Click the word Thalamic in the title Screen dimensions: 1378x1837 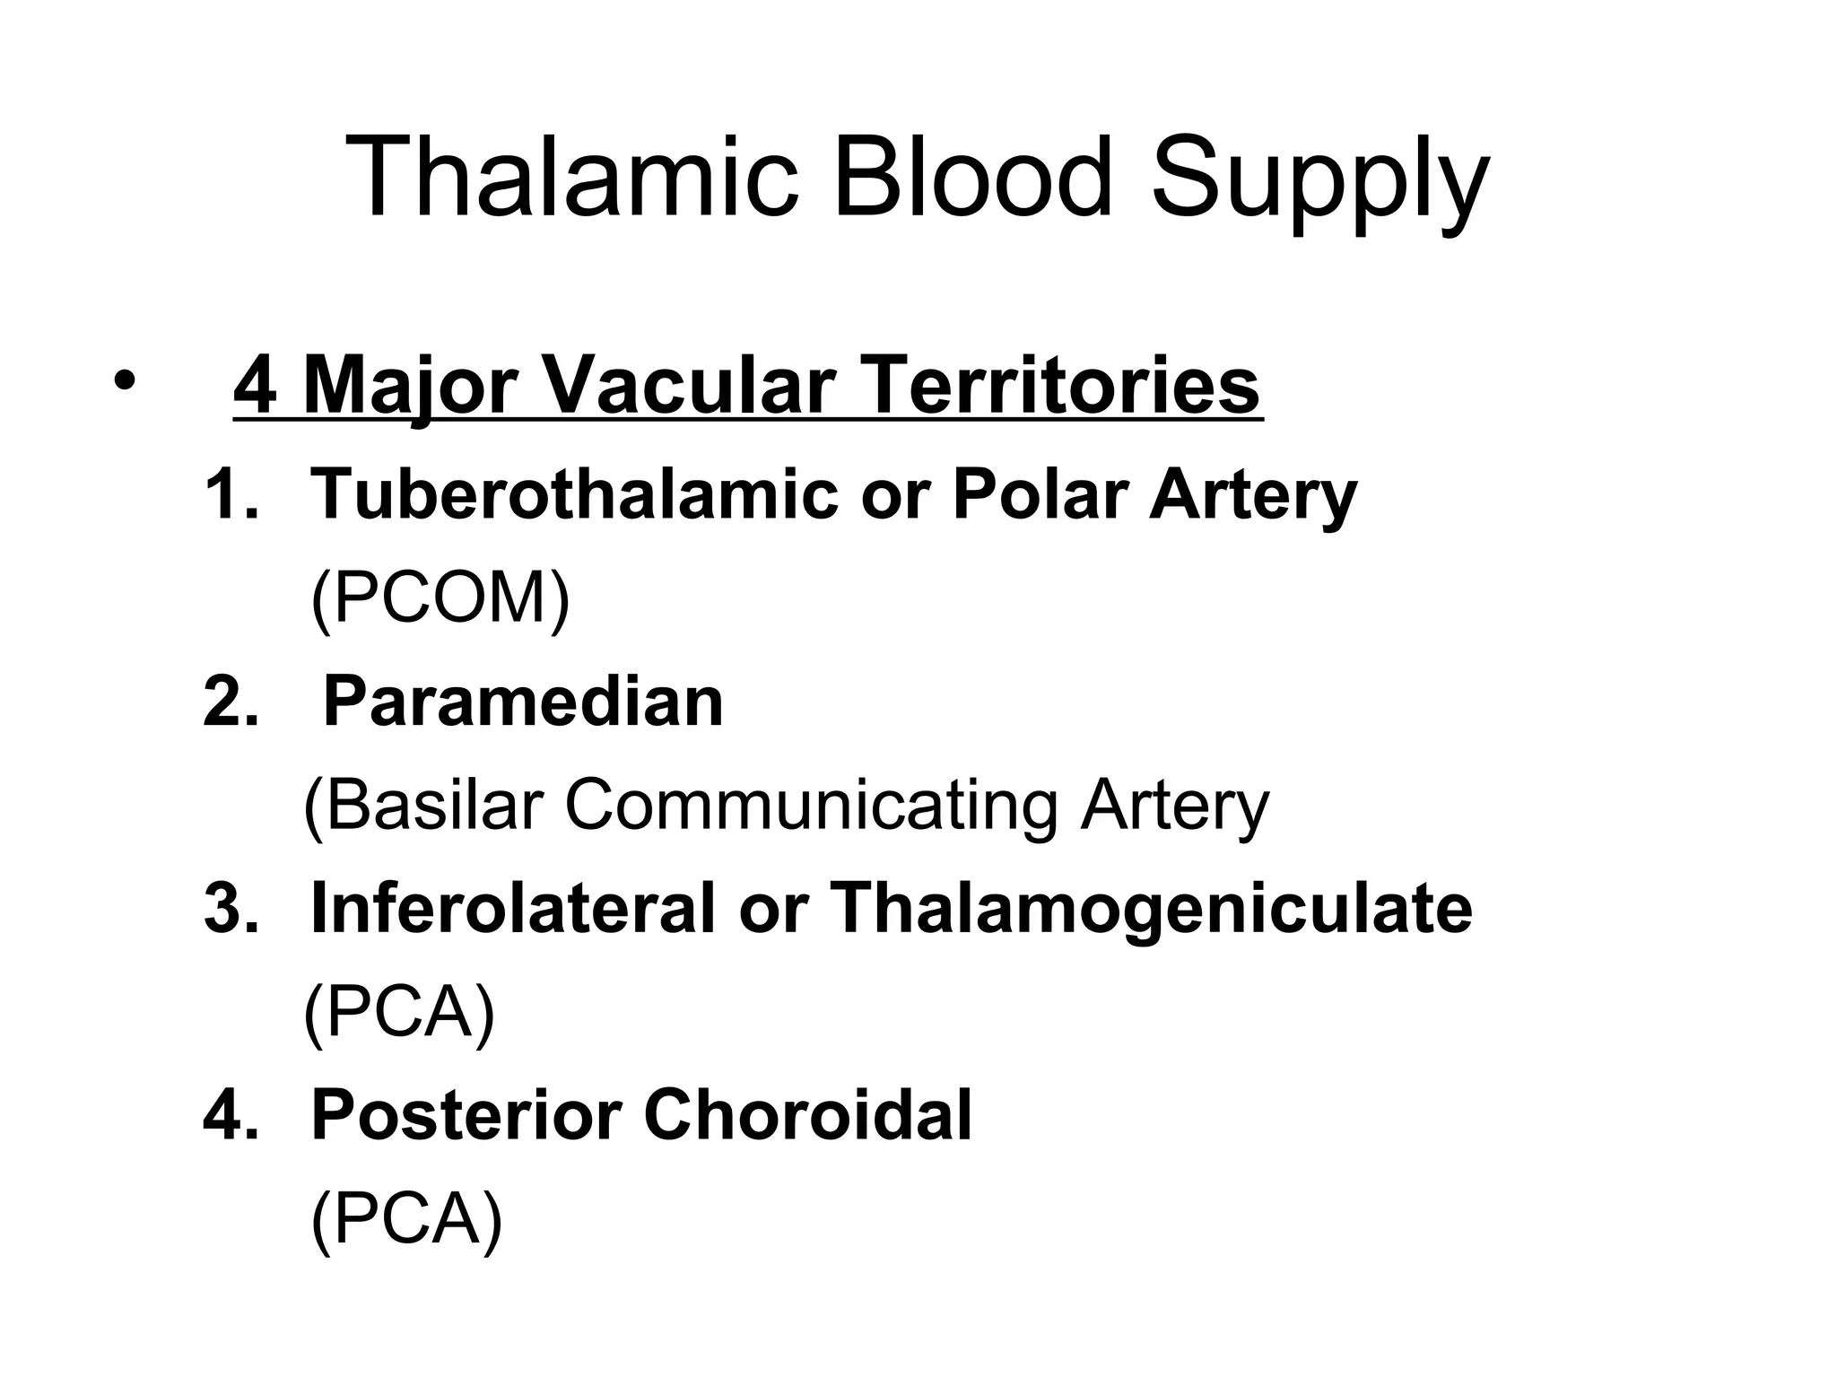pyautogui.click(x=570, y=178)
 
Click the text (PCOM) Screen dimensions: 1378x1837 pyautogui.click(x=440, y=598)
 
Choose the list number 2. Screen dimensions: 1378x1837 pyautogui.click(x=230, y=702)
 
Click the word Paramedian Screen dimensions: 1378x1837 pyautogui.click(x=523, y=702)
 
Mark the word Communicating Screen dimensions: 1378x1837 pyautogui.click(x=811, y=806)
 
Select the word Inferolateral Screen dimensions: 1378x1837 pyautogui.click(x=513, y=909)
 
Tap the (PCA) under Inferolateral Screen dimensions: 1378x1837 pyautogui.click(x=400, y=1012)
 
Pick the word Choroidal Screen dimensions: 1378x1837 pyautogui.click(x=807, y=1115)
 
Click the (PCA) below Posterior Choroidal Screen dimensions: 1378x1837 pyautogui.click(x=406, y=1219)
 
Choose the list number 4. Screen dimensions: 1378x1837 pyautogui.click(x=230, y=1115)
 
